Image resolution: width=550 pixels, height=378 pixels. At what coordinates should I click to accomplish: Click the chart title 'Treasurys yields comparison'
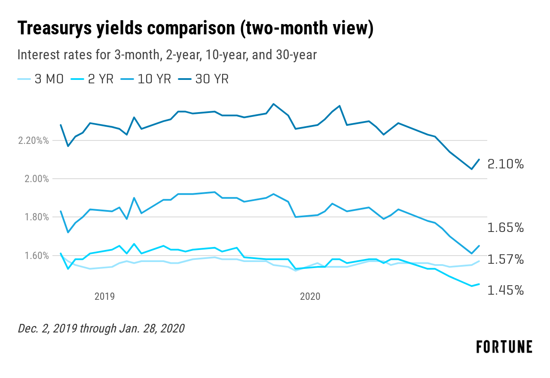click(x=195, y=29)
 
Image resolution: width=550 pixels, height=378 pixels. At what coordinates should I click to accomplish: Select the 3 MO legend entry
click(x=40, y=79)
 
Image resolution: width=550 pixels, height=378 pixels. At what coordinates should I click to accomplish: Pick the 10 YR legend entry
click(x=150, y=79)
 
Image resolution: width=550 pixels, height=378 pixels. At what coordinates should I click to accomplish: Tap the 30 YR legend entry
click(x=207, y=79)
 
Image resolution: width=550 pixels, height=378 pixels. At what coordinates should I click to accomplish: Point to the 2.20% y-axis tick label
click(x=33, y=141)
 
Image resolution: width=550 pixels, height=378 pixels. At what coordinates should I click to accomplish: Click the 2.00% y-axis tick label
click(x=33, y=179)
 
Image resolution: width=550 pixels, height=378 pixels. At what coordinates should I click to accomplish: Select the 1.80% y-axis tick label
click(x=33, y=217)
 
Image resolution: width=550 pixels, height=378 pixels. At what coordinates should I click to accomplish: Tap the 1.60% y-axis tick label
click(x=33, y=256)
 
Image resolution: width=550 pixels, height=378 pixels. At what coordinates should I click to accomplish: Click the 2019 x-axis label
click(x=104, y=296)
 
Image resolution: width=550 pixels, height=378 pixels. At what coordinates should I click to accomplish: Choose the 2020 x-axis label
click(x=310, y=296)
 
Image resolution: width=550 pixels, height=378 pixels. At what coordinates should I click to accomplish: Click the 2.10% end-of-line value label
click(x=506, y=164)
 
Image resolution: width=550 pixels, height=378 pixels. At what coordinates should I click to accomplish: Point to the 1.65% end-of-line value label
click(x=506, y=228)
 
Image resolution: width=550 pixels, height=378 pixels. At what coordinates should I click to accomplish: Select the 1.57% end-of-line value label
click(x=506, y=259)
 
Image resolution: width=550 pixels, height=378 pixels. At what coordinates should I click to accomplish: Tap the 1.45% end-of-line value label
click(x=506, y=290)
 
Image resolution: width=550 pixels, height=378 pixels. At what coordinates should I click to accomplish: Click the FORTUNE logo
click(x=504, y=347)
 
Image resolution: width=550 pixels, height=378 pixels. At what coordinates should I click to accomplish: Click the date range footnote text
click(x=101, y=329)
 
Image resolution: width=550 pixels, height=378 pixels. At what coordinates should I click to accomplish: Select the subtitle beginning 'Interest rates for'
click(x=167, y=55)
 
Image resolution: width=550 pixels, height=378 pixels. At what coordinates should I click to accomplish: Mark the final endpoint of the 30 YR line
click(x=479, y=159)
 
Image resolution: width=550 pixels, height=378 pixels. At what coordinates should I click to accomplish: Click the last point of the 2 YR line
click(x=479, y=284)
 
